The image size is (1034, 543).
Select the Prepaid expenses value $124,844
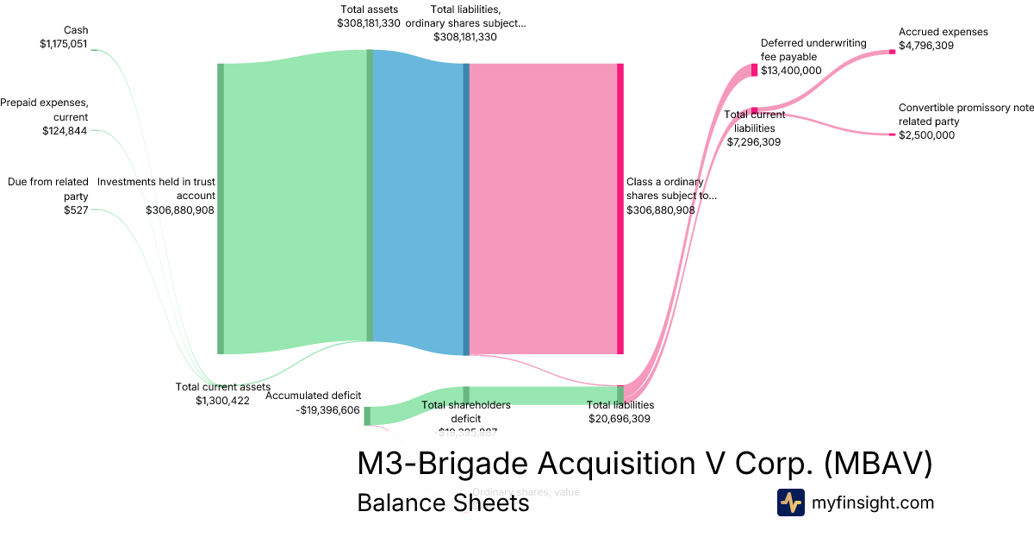(65, 131)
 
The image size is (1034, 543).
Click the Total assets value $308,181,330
(369, 23)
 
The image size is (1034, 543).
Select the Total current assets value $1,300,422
(222, 400)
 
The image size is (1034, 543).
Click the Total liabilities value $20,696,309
(620, 419)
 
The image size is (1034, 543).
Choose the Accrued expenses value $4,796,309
(926, 46)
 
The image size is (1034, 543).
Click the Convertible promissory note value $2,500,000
(926, 135)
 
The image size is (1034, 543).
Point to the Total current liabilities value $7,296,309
(754, 142)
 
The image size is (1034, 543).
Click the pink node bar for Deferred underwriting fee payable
(754, 70)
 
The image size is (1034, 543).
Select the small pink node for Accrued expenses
(892, 52)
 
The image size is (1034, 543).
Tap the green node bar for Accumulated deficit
(367, 415)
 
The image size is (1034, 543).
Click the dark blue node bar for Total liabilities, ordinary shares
(466, 209)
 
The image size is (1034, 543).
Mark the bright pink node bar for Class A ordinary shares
(620, 209)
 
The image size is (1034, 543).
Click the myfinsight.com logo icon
(790, 502)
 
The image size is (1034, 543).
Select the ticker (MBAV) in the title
(878, 464)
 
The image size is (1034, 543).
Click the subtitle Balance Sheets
(443, 502)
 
